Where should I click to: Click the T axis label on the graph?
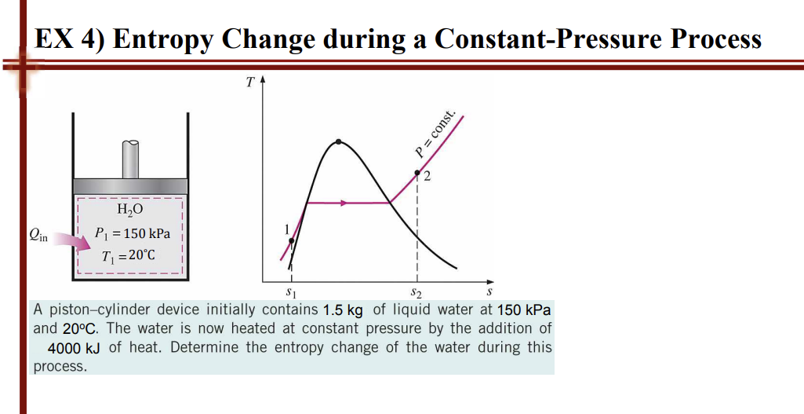(249, 81)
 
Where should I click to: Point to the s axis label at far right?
(489, 293)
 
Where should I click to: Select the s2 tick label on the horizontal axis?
(417, 294)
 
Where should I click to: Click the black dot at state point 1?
(292, 240)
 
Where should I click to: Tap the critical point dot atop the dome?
(338, 142)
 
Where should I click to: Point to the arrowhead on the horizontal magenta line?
(342, 203)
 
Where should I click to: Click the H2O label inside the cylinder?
(129, 210)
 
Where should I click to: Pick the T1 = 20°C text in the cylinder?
(129, 256)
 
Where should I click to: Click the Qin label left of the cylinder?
(37, 233)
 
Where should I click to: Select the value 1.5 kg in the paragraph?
(341, 310)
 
